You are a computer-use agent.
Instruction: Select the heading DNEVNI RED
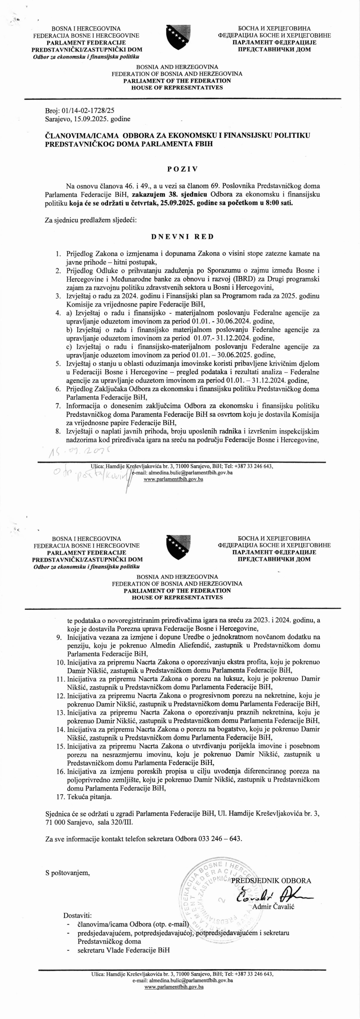coord(182,237)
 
